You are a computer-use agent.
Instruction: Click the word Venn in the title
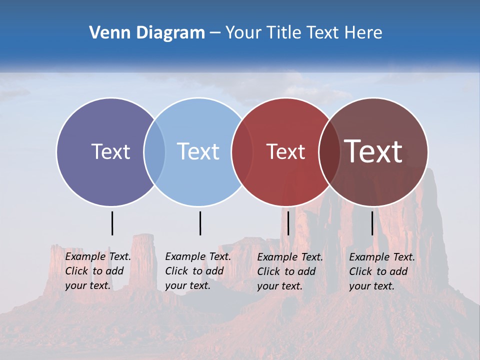107,33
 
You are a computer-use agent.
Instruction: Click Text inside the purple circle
110,151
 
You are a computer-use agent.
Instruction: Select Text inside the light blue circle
198,151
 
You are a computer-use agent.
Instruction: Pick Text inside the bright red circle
285,151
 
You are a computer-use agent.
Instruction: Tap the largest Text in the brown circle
373,151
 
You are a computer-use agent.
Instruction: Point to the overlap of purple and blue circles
154,151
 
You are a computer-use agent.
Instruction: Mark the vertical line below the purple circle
112,223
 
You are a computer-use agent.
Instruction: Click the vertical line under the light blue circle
200,223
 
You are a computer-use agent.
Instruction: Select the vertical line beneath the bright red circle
288,223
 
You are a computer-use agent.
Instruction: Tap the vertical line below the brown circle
372,223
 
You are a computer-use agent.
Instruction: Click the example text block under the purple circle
97,271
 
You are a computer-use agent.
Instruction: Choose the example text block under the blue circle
197,271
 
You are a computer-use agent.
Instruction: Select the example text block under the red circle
289,271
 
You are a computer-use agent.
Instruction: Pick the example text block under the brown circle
381,271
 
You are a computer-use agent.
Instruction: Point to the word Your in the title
244,33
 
